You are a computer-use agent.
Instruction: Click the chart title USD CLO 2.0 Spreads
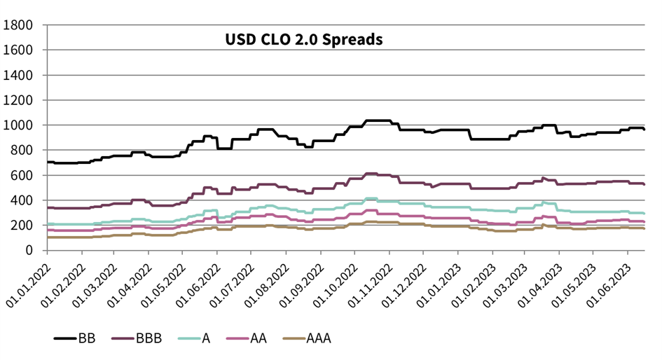[x=303, y=39]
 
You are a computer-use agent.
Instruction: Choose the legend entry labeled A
[x=206, y=339]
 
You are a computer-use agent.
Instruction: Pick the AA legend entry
[x=259, y=339]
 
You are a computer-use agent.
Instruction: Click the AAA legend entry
[x=319, y=339]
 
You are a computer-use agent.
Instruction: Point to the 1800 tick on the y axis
[x=18, y=25]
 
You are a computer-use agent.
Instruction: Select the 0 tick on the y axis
[x=32, y=250]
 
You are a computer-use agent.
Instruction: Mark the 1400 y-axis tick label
[x=18, y=75]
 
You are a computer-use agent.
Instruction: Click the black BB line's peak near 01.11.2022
[x=378, y=120]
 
